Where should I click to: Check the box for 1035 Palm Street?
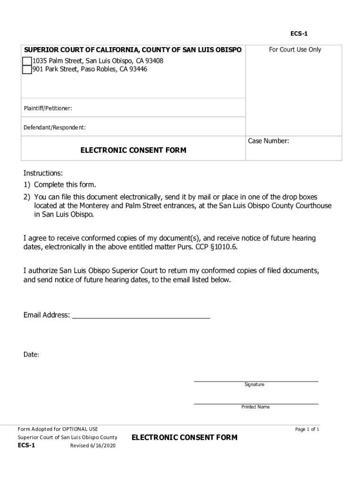[x=27, y=61]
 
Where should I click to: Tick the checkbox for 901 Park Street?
[x=27, y=70]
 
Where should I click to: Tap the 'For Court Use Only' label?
[x=295, y=50]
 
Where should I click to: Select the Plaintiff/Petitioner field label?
[x=48, y=109]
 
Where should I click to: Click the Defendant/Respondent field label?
[x=55, y=127]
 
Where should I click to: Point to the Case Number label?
[x=268, y=141]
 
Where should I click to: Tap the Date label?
[x=31, y=355]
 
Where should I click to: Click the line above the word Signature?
[x=256, y=380]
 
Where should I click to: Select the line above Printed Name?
[x=256, y=404]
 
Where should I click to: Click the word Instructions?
[x=43, y=174]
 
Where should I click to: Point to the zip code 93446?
[x=138, y=69]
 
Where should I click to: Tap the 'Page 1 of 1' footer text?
[x=307, y=429]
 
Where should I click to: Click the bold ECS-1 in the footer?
[x=26, y=445]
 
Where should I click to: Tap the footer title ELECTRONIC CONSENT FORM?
[x=184, y=438]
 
